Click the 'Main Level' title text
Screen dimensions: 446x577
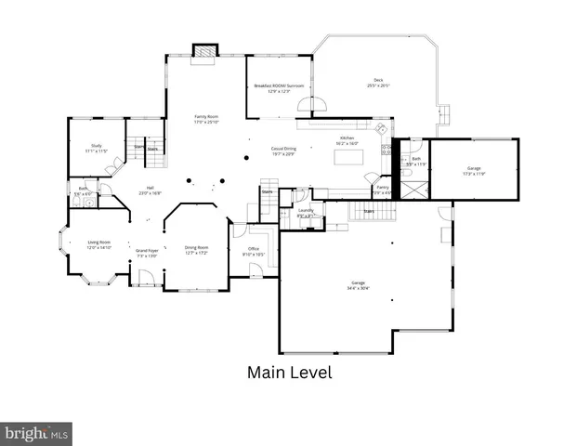tap(289, 373)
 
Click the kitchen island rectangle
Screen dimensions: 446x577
tap(349, 157)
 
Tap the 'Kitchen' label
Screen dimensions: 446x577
tap(346, 139)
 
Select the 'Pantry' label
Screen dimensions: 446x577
tap(382, 187)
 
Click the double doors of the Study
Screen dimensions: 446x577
tap(112, 168)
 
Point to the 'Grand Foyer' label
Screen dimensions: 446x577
tap(147, 250)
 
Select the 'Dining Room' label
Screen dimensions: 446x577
tap(196, 247)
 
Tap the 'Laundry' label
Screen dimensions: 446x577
tap(305, 211)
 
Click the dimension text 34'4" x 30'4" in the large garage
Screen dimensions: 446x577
tap(358, 287)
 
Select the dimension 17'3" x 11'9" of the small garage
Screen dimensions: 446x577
tap(474, 173)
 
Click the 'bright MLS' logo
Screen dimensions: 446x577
tap(37, 433)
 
